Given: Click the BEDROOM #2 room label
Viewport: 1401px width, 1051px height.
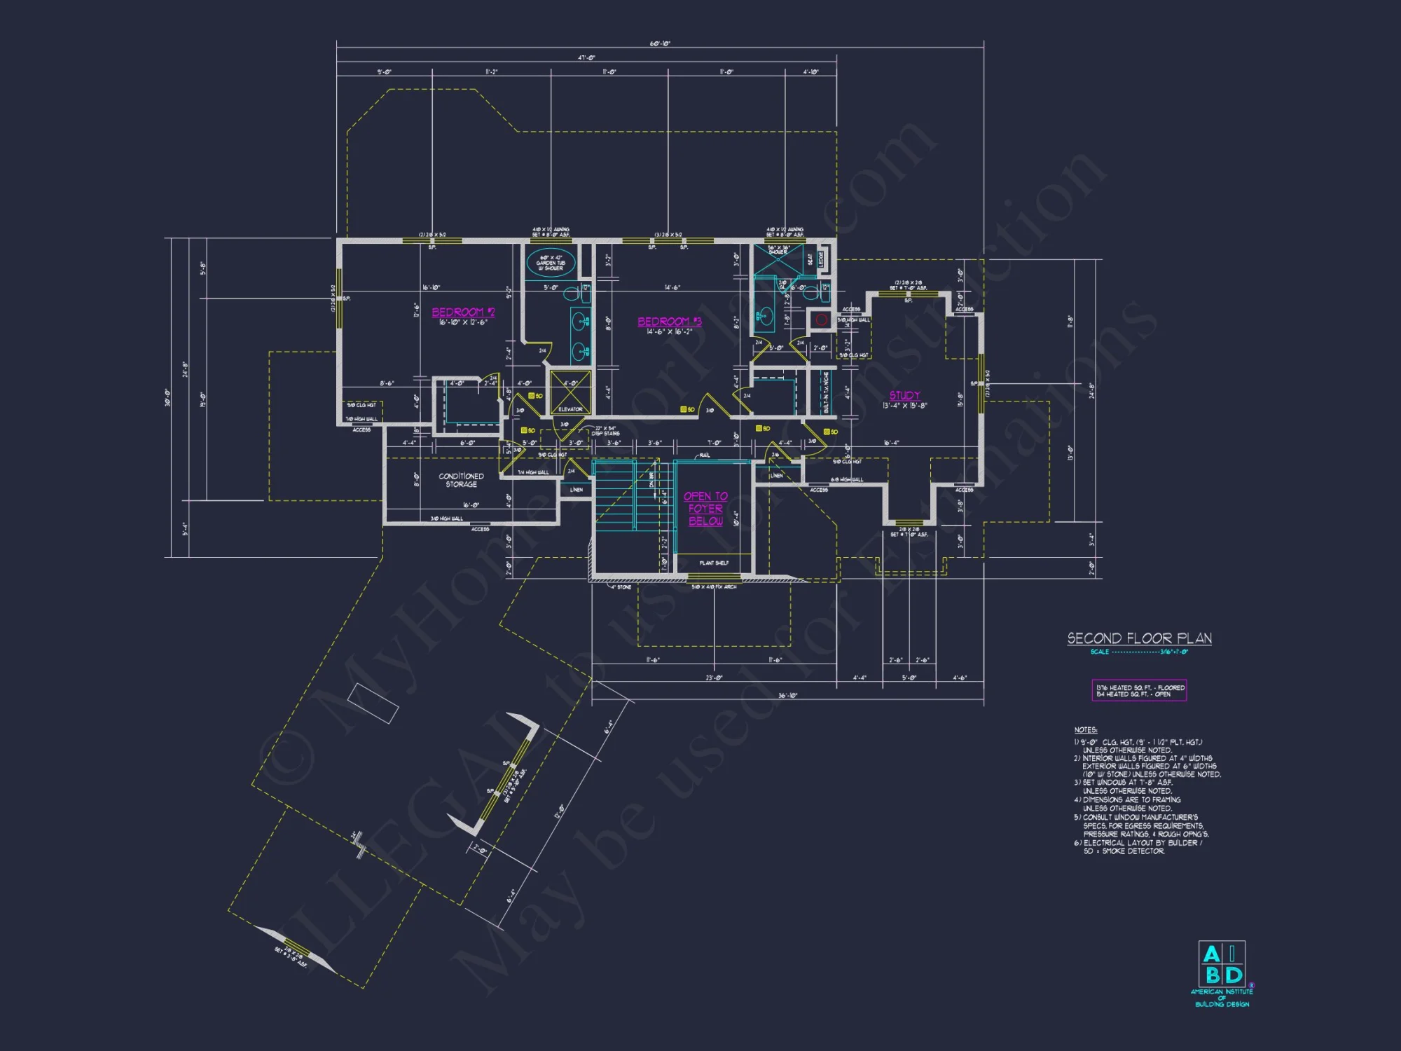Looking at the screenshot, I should click(463, 312).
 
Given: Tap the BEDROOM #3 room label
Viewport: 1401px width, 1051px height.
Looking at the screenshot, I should click(669, 322).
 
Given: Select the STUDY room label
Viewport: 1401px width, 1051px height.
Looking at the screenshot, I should click(905, 395).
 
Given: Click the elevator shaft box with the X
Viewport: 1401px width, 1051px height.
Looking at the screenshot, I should click(570, 392).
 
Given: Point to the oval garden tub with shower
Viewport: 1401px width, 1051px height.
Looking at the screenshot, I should click(551, 263).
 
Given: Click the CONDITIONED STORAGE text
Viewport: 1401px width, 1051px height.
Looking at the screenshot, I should click(461, 480).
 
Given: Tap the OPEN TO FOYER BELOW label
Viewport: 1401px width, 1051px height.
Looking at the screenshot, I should click(705, 509).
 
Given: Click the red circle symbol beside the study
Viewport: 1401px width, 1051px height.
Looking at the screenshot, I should click(822, 320).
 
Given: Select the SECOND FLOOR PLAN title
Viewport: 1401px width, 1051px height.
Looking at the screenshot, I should click(1139, 638).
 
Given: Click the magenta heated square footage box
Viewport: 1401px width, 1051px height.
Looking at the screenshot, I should click(1140, 691).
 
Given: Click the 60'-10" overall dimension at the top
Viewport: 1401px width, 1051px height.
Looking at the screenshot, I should click(660, 43).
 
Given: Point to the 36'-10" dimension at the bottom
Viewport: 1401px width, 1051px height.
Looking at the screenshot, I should click(788, 696).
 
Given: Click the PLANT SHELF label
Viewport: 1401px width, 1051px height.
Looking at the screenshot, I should click(714, 563).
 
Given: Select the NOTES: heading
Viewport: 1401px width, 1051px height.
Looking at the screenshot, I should click(1085, 730).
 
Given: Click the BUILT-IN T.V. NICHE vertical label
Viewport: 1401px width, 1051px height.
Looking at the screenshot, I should click(826, 392).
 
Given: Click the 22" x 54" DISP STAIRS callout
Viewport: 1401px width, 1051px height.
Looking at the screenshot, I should click(605, 431).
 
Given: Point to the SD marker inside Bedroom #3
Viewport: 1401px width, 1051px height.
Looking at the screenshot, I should click(686, 409).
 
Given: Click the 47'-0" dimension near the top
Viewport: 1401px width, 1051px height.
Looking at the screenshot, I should click(586, 57).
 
